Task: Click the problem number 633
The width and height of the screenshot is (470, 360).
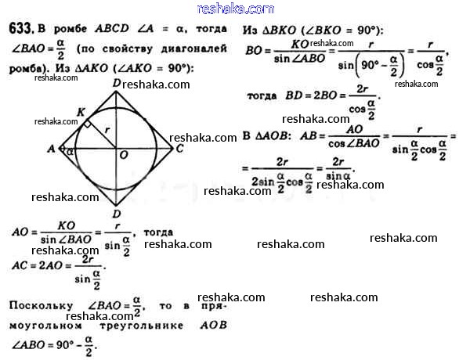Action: [x=20, y=29]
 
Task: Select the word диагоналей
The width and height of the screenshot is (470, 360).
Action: [x=197, y=49]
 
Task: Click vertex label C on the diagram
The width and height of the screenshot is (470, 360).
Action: [x=179, y=147]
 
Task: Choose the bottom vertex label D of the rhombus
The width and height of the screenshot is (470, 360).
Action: [x=116, y=213]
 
